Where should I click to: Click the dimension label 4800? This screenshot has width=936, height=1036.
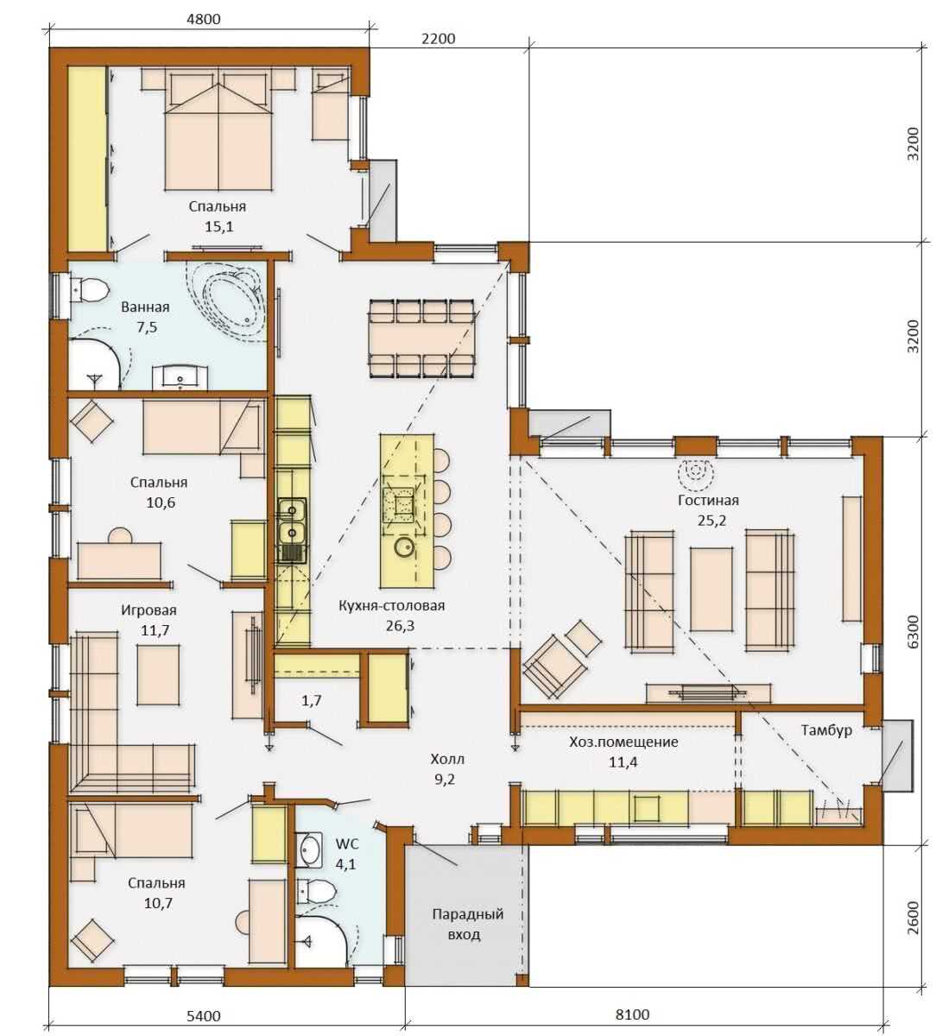point(203,19)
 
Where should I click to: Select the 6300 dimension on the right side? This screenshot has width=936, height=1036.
point(914,632)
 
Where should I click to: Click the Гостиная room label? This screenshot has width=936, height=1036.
point(708,500)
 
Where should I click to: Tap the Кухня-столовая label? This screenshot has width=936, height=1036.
point(391,605)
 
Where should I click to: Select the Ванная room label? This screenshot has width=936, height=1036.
point(145,306)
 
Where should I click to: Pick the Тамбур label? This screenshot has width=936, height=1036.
point(826,730)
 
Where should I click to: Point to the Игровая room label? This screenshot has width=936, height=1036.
point(149,610)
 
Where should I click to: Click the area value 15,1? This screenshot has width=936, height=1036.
point(218,226)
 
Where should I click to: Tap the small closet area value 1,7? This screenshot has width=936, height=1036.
point(311,700)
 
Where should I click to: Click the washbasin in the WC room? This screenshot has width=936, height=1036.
point(310,850)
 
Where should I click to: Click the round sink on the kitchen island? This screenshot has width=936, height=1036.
point(403,546)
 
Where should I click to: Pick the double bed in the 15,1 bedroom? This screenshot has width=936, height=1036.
point(218,132)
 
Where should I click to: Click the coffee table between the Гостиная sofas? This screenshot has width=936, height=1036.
point(711,589)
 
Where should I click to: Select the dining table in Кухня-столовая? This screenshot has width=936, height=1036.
point(422,339)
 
